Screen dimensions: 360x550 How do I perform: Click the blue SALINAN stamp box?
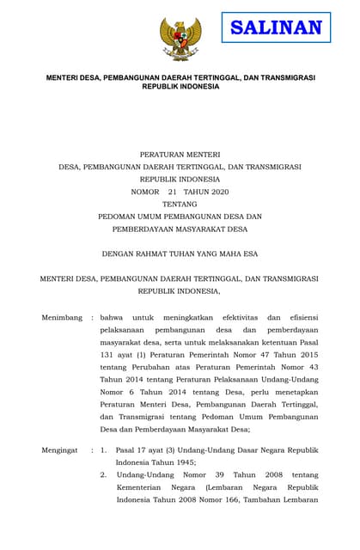point(276,27)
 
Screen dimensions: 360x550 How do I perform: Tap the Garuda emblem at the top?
point(180,38)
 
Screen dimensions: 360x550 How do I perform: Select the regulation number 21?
point(173,192)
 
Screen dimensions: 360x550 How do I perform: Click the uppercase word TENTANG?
point(180,205)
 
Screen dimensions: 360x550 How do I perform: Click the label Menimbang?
point(62,317)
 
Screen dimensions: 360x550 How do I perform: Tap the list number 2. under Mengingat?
point(103,474)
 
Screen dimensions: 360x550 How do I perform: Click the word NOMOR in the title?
point(145,192)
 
